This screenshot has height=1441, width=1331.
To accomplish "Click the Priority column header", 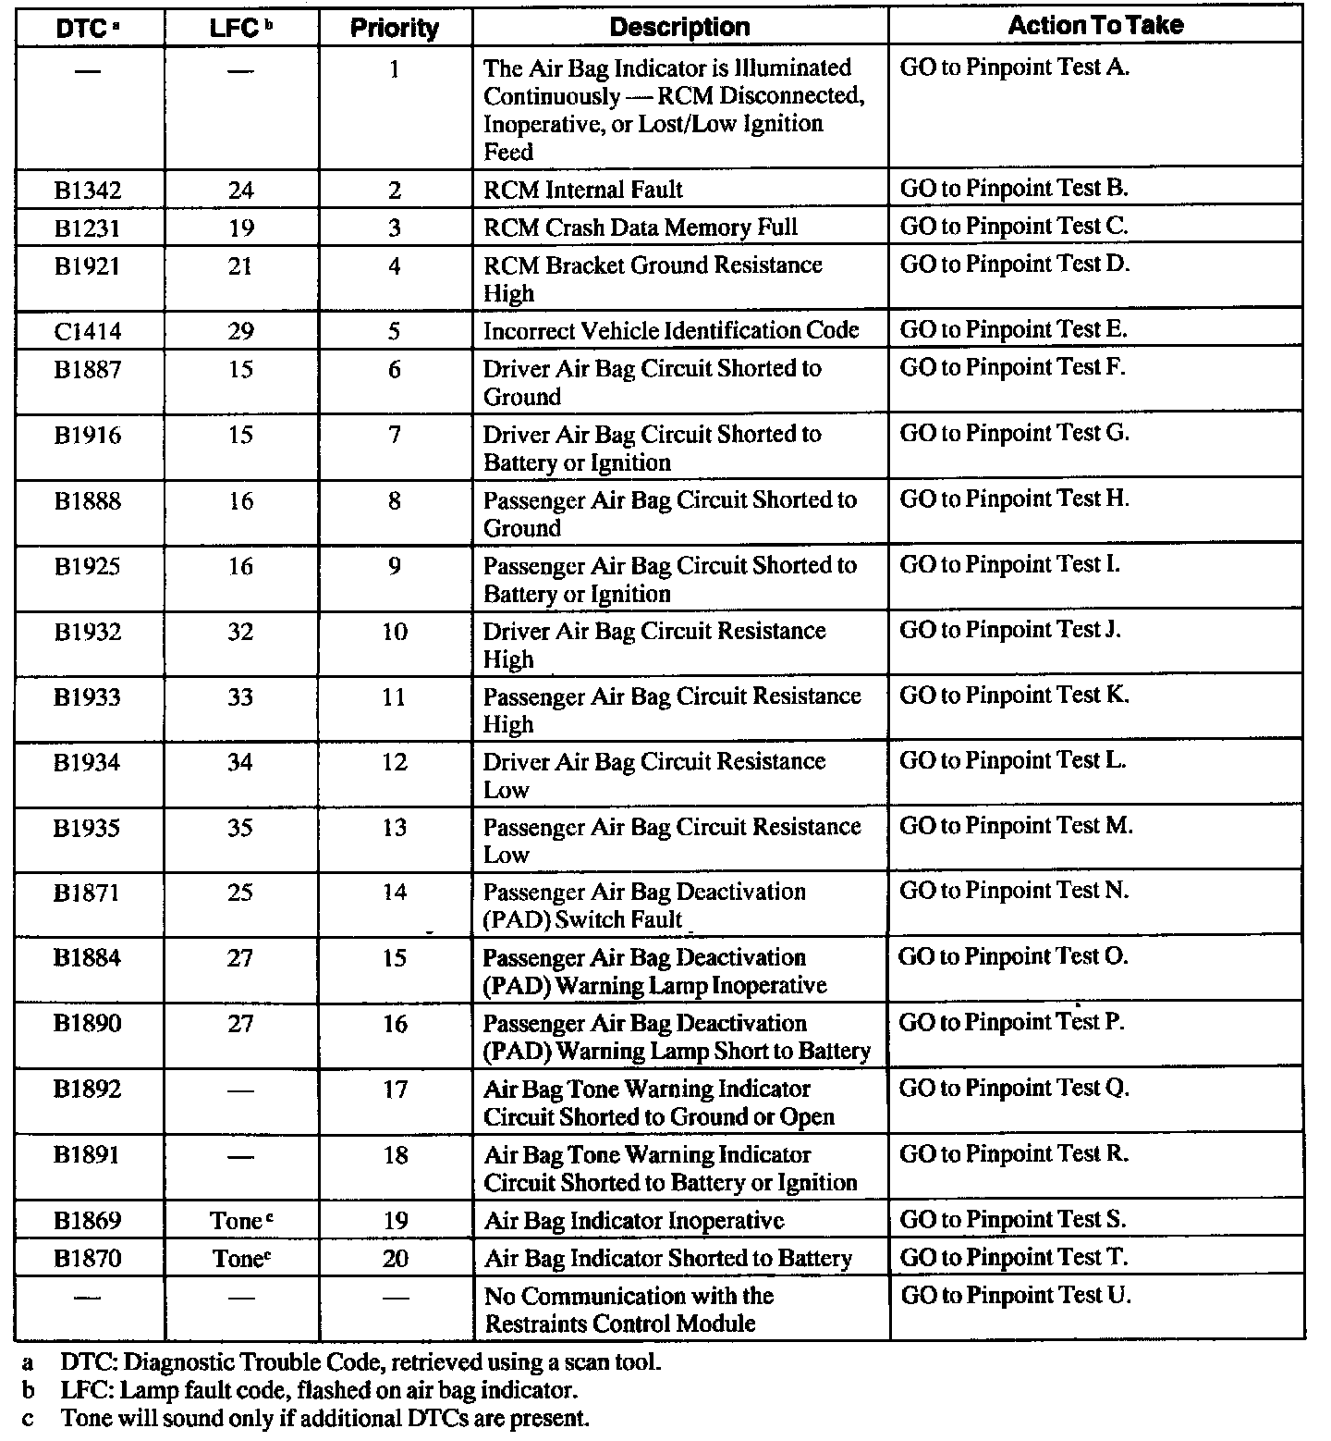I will [395, 29].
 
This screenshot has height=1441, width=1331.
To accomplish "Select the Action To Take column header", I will [1095, 26].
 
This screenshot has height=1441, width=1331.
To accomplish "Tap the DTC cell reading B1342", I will [88, 191].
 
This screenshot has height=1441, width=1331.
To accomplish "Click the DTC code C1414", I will [88, 331].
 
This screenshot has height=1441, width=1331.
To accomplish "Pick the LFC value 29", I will [240, 331].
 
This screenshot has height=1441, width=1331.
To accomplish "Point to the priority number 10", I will [395, 632].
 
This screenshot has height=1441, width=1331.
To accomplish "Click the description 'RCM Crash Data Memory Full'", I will [641, 228].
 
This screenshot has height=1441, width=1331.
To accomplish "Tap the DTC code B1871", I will [88, 893].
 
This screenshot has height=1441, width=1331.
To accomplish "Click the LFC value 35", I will [240, 828].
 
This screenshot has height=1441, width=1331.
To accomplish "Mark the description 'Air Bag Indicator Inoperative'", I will [634, 1221].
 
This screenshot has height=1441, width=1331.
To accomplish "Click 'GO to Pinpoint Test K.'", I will [1015, 696].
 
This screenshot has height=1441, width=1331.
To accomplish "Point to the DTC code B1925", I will [88, 566].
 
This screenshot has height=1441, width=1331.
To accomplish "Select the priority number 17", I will [395, 1090].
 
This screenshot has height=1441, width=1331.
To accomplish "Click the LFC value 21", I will [240, 266].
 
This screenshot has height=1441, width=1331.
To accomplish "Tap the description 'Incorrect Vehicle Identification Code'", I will [671, 331].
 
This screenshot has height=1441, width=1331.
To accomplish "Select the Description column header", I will [679, 28].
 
